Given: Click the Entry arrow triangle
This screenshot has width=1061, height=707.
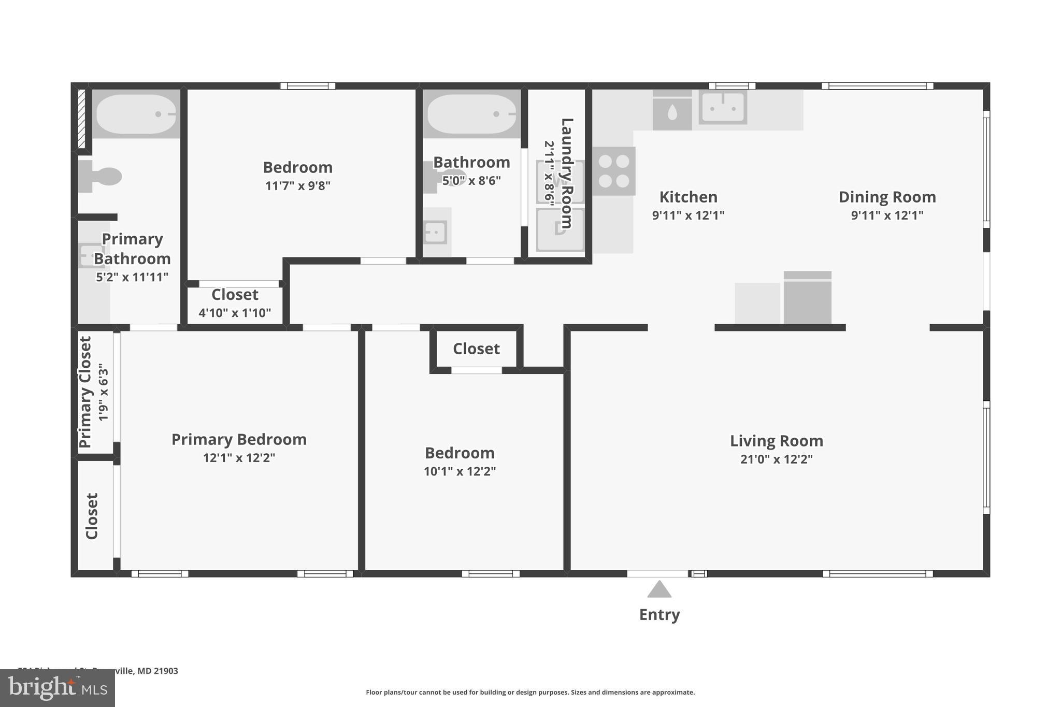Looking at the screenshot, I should click(659, 590).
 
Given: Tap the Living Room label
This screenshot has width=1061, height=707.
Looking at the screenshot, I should click(776, 441).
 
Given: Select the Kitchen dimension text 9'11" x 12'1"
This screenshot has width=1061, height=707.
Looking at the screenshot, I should click(688, 215).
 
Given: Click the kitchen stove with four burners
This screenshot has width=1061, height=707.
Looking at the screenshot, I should click(614, 171).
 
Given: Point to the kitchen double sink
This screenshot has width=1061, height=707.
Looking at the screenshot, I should click(723, 107).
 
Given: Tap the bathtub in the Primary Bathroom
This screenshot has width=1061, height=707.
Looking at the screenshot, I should click(136, 113).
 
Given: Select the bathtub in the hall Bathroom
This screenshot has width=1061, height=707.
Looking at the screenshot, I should click(471, 113).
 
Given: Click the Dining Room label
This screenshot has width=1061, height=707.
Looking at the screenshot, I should click(887, 197).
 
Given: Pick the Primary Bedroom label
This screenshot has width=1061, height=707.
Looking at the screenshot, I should click(239, 439).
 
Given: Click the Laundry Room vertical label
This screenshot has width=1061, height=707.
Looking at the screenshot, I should click(567, 173).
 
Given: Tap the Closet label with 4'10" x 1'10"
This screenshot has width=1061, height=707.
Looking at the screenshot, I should click(235, 295).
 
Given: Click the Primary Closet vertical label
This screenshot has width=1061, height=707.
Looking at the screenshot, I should click(85, 392).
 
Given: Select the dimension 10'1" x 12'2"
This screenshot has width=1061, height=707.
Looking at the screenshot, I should click(460, 471).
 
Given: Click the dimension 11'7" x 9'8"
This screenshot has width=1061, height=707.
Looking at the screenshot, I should click(297, 185).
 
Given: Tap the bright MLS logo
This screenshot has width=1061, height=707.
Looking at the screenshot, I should click(58, 688).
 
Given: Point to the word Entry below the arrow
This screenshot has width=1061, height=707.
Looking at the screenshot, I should click(659, 615).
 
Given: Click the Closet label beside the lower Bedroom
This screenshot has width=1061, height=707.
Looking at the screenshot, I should click(476, 349).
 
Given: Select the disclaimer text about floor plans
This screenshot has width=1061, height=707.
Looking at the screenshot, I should click(530, 692).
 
